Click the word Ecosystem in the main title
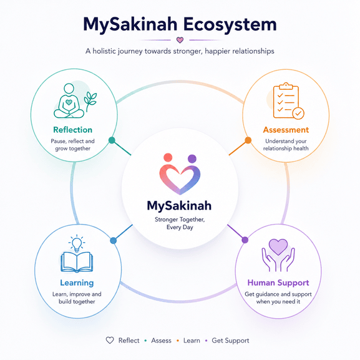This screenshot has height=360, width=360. (x=230, y=24)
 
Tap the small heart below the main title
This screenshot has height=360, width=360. (x=180, y=40)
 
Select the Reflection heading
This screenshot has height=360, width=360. (x=73, y=130)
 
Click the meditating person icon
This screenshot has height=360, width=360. (x=69, y=101)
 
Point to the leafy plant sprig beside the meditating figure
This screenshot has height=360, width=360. (x=90, y=100)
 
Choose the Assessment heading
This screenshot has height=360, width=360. (x=286, y=130)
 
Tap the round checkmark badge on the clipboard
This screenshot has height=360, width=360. (x=298, y=113)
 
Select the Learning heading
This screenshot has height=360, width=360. (x=77, y=283)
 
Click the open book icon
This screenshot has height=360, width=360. (x=77, y=262)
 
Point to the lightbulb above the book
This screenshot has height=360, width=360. (x=77, y=243)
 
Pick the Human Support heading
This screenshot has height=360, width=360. (x=278, y=283)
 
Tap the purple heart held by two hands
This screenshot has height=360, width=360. (x=278, y=246)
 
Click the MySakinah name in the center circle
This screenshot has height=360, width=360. (x=179, y=205)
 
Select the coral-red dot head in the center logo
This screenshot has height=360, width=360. (x=168, y=157)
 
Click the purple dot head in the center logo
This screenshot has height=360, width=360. (x=192, y=158)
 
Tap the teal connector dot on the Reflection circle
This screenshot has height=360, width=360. (x=112, y=140)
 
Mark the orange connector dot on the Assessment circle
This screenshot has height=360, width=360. (x=248, y=140)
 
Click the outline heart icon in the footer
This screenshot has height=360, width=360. (x=110, y=340)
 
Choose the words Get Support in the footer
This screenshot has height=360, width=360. (x=230, y=341)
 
